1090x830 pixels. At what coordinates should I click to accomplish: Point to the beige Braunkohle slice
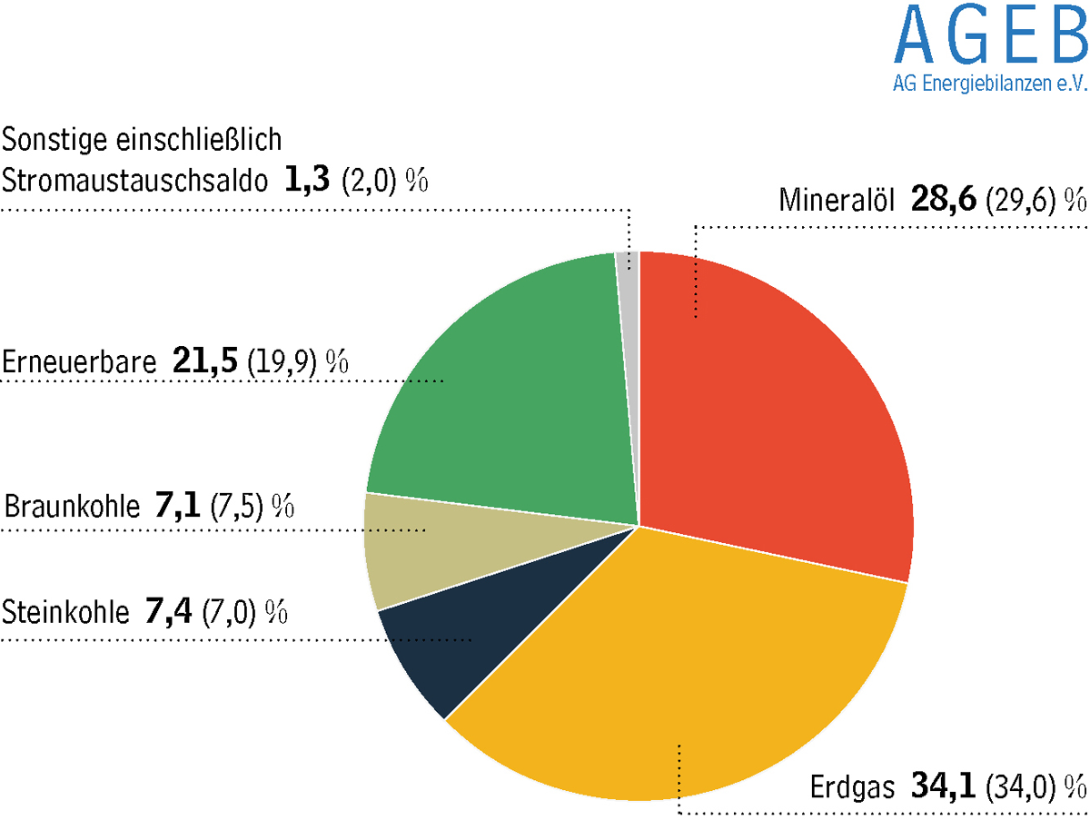point(437,546)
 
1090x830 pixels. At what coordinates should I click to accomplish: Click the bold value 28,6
point(944,200)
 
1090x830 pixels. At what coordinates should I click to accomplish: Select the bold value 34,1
point(943,786)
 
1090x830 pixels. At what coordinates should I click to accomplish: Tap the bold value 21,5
point(205,361)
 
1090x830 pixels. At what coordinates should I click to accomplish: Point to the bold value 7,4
point(168,611)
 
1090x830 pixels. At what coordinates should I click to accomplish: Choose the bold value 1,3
point(306,179)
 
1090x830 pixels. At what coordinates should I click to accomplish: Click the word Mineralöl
point(837,200)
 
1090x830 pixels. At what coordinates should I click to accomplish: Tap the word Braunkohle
point(72,507)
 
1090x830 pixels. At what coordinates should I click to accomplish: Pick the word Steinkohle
point(65,611)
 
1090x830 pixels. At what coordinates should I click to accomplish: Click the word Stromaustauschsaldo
point(135,179)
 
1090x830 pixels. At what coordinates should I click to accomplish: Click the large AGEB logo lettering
point(991,34)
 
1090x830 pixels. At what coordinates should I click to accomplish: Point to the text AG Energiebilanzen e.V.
point(990,84)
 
